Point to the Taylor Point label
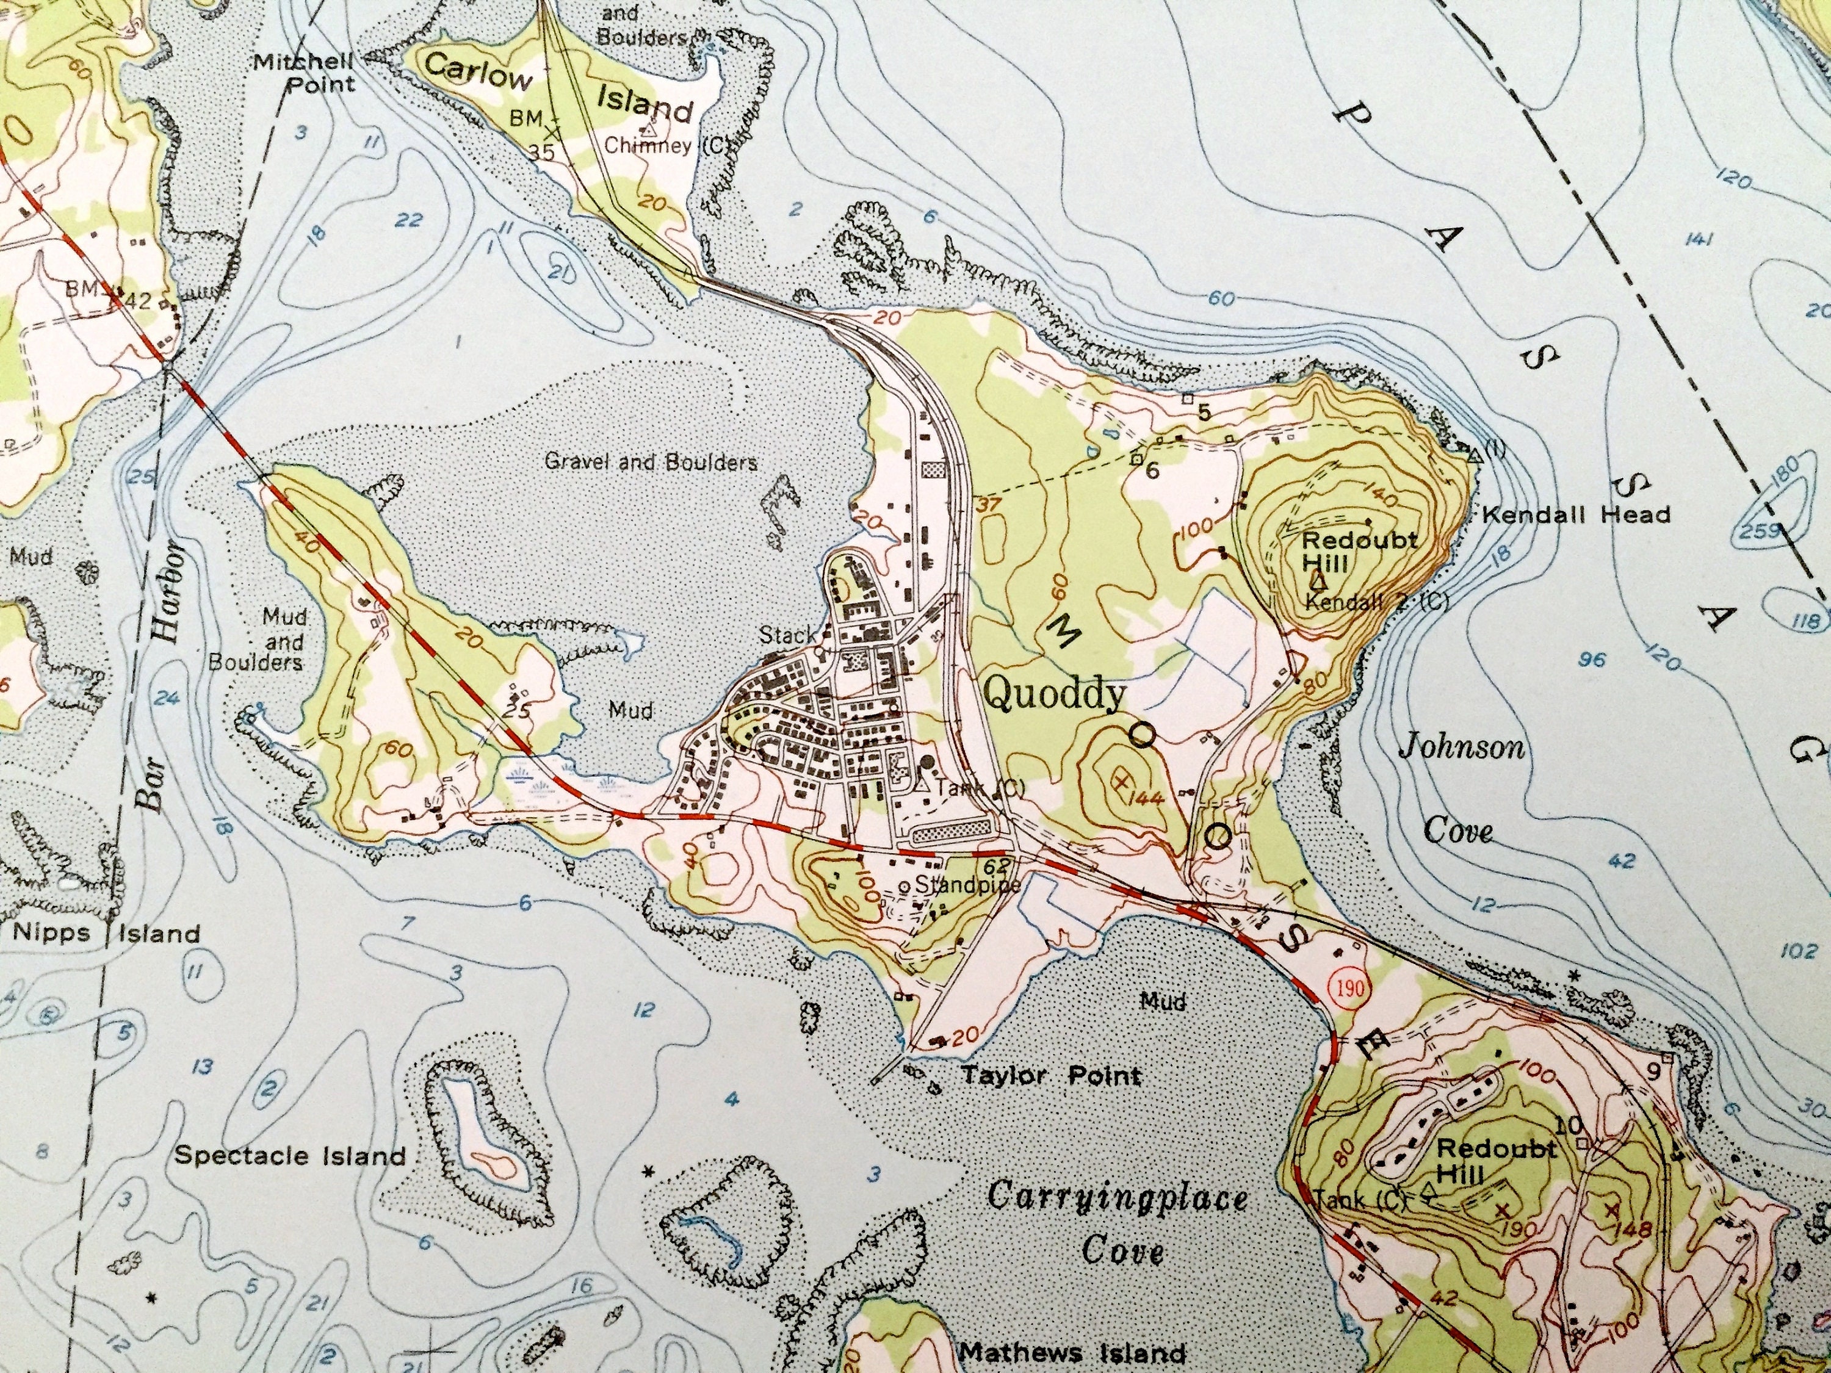1050,1076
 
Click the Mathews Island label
1072,1354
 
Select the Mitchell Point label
304,73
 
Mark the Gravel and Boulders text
651,462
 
